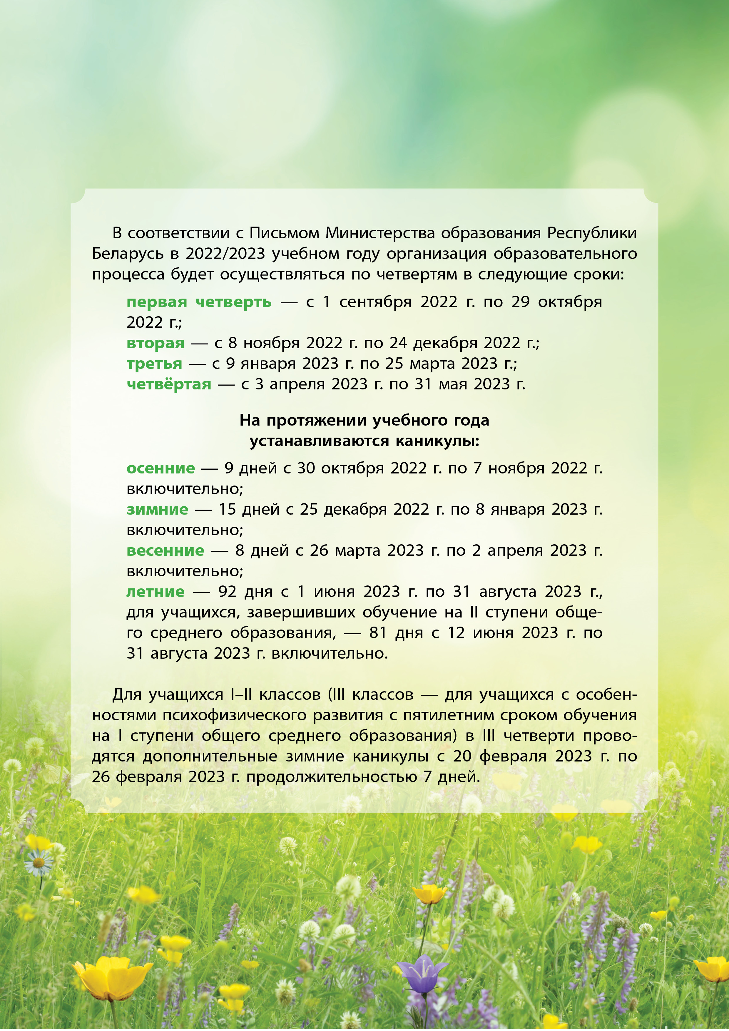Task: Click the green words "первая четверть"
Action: (x=199, y=302)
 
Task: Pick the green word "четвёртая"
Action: (x=169, y=384)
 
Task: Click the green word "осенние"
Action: (x=161, y=468)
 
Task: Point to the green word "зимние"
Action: (x=157, y=510)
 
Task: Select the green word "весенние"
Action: (x=165, y=550)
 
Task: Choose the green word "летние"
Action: (x=156, y=592)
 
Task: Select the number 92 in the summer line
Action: (x=227, y=592)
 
